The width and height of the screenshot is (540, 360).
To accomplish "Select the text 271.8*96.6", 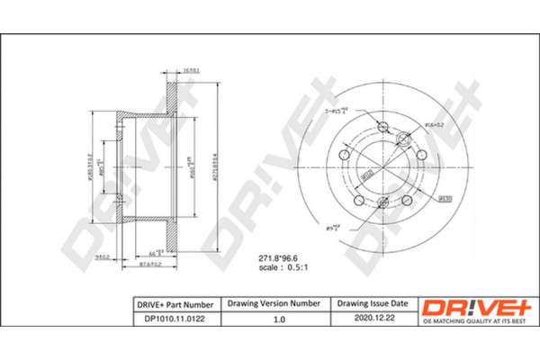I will click(265, 257).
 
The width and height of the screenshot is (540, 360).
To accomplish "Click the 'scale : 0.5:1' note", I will click(267, 267).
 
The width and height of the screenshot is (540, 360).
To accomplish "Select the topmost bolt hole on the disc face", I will click(385, 127).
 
